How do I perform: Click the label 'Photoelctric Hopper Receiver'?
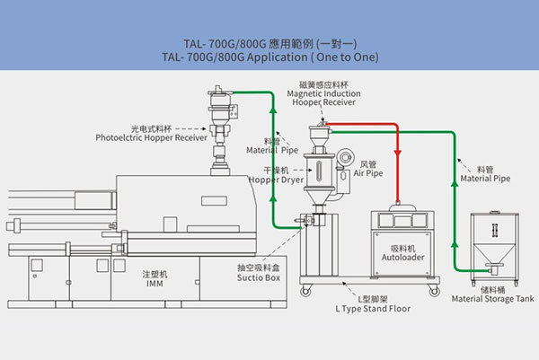(152, 138)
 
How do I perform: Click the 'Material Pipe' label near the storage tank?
(489, 179)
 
